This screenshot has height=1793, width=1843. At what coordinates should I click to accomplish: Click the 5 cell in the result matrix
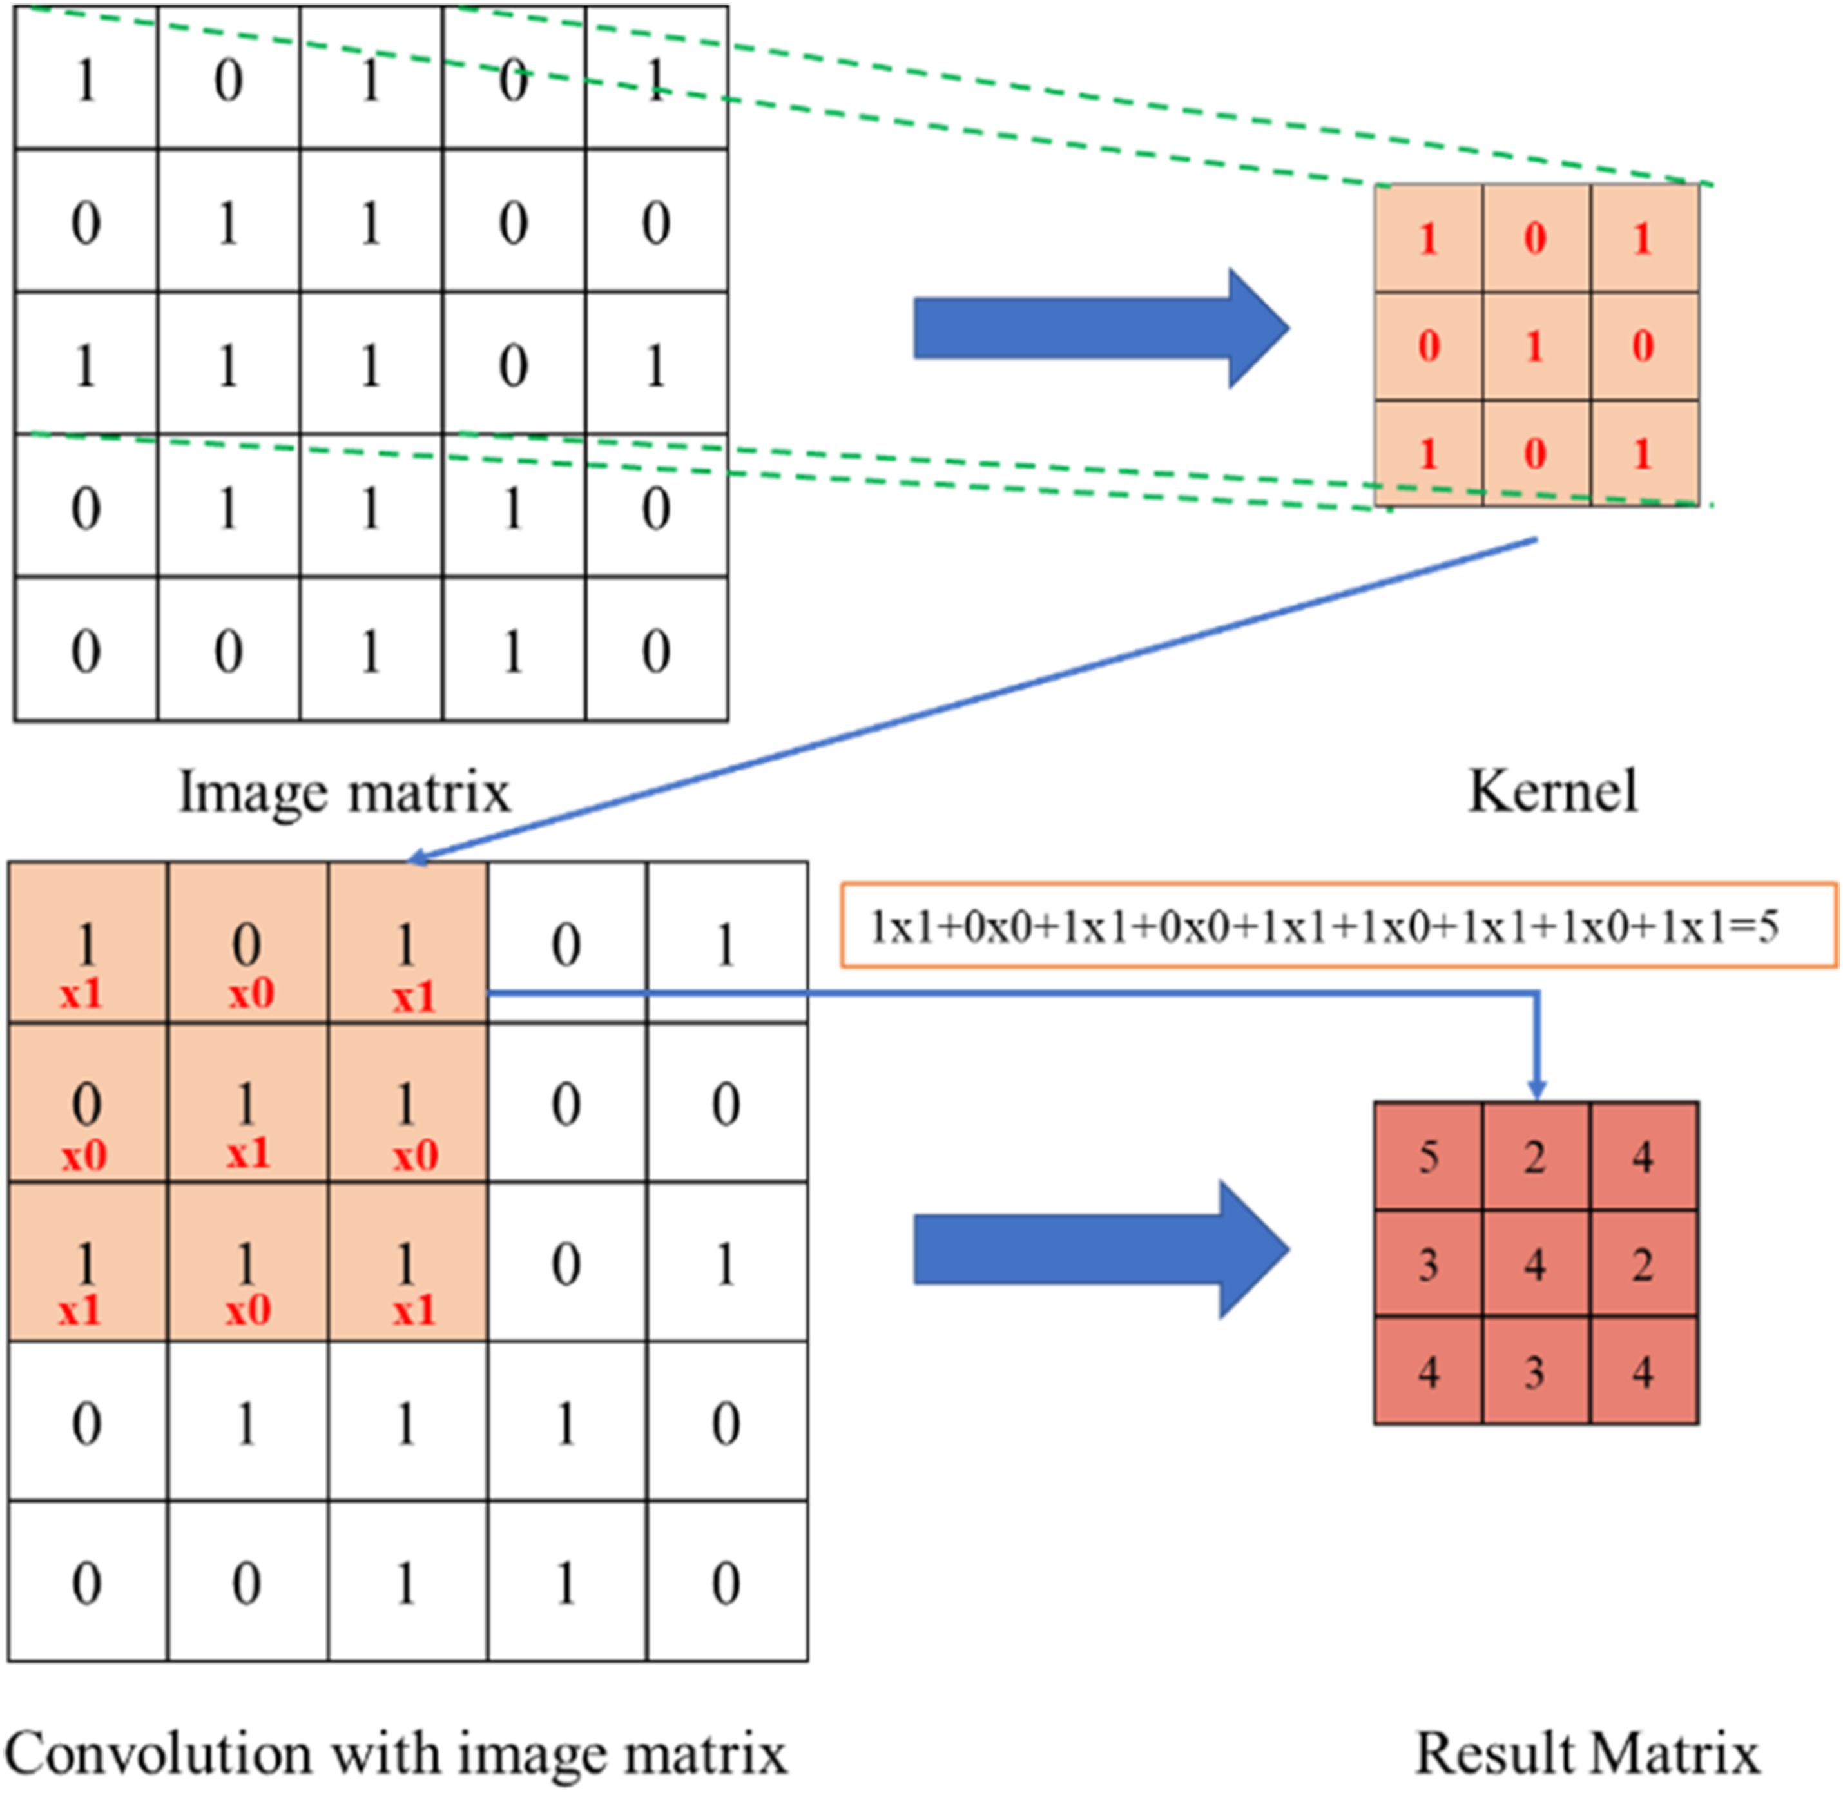point(1428,1156)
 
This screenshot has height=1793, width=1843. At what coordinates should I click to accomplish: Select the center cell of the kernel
point(1536,347)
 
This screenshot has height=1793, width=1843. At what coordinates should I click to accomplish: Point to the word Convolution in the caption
point(159,1754)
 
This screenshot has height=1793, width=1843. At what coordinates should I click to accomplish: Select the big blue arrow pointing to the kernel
point(1101,327)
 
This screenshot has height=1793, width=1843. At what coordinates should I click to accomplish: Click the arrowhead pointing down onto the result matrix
point(1537,1090)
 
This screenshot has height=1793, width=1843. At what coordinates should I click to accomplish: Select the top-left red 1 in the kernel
point(1429,239)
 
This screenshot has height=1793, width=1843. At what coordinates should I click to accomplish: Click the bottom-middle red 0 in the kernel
point(1536,454)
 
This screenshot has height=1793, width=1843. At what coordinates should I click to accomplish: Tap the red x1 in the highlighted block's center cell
point(247,1152)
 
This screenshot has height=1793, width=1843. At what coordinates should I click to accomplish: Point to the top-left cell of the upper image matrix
point(86,78)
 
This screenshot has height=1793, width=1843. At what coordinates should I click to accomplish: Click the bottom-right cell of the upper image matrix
point(657,650)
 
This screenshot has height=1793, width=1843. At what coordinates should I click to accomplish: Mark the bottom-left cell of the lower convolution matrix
point(88,1582)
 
